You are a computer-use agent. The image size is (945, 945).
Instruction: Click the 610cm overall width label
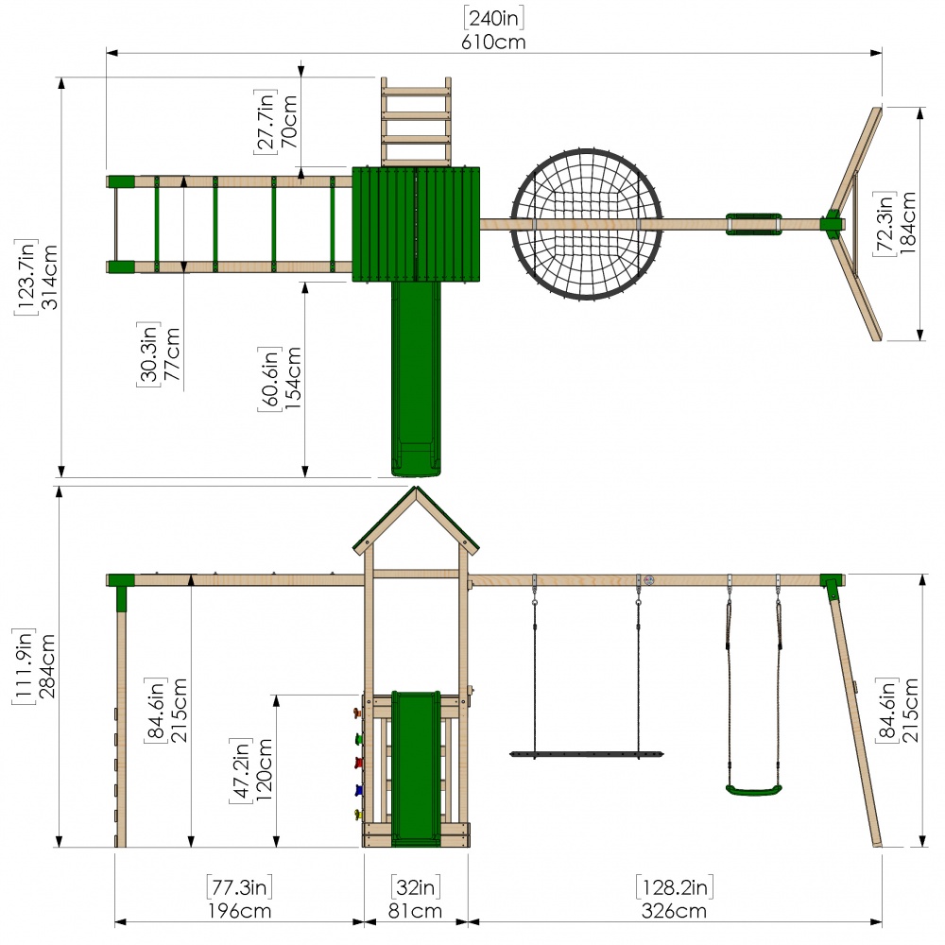(493, 43)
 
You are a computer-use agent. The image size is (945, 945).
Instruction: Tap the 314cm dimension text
(49, 277)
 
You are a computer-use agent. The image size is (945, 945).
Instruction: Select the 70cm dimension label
(289, 121)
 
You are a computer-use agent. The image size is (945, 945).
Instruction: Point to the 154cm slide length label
(293, 378)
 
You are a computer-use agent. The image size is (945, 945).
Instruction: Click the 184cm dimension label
(907, 222)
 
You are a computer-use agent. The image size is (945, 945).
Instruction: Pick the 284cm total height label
(47, 665)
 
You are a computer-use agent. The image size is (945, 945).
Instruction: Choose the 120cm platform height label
(264, 769)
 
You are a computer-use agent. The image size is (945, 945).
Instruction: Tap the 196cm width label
(239, 911)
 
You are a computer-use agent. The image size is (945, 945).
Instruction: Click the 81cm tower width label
(415, 911)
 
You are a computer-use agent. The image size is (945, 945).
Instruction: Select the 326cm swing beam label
(674, 911)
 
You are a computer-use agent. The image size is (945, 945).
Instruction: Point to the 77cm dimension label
(171, 353)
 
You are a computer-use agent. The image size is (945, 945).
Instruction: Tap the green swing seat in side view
(753, 789)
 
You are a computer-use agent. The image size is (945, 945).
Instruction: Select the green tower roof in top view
(416, 224)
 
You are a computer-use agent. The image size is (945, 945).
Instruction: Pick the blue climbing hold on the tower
(358, 789)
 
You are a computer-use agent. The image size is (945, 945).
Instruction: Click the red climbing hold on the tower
(358, 764)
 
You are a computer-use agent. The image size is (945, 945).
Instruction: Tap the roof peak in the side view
(416, 487)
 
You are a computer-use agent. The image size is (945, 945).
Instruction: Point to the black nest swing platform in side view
(587, 754)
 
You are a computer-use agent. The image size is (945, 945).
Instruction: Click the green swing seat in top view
(753, 224)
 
